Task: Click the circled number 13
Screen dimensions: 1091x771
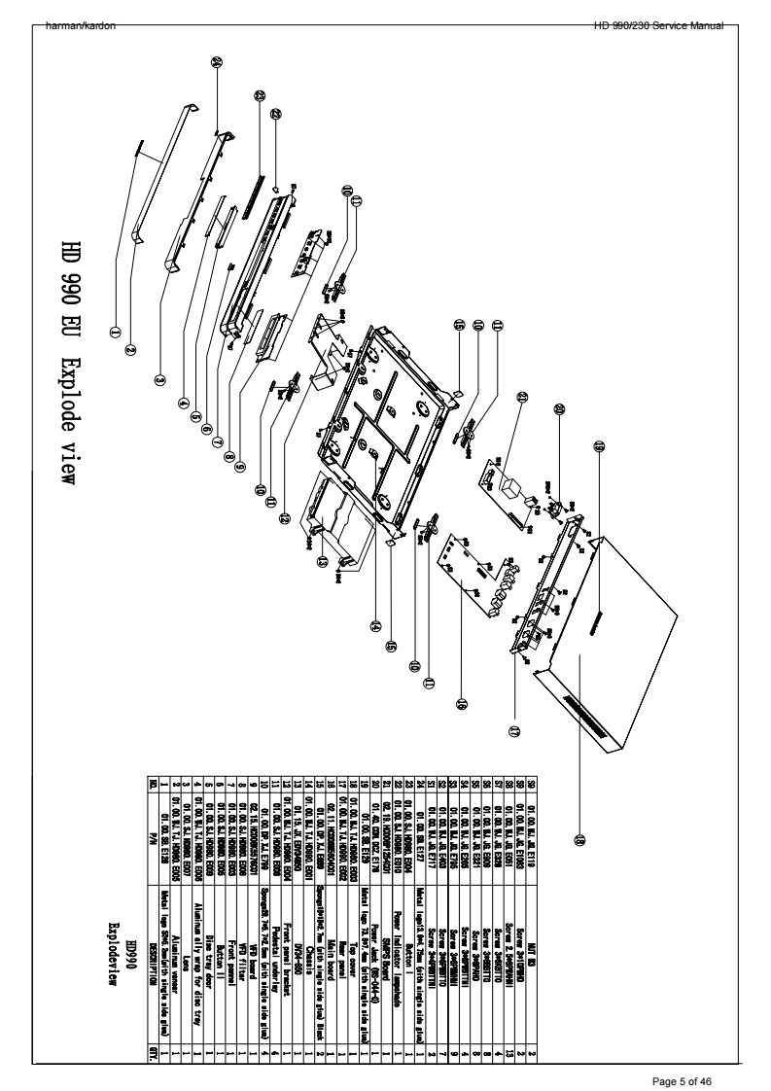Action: coord(321,561)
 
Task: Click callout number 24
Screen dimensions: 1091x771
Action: coord(217,61)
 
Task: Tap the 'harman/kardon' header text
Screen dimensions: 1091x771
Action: coord(81,25)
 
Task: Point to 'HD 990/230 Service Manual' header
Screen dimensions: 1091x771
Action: coord(658,25)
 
